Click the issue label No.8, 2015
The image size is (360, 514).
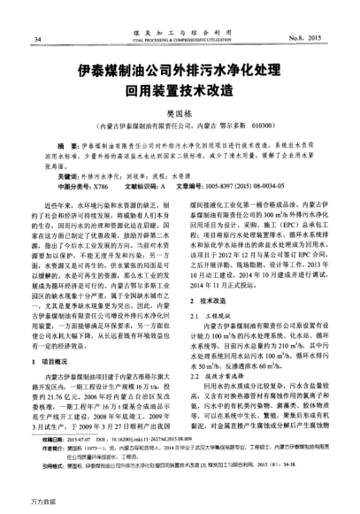317,39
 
